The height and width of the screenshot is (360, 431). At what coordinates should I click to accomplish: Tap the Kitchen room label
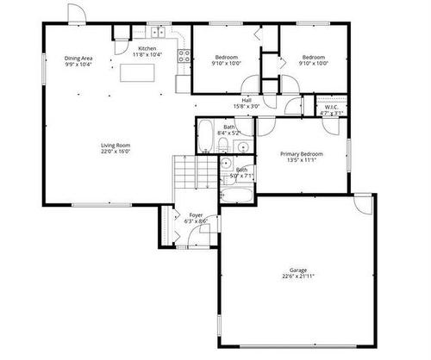click(147, 52)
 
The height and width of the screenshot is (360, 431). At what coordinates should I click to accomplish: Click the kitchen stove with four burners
click(183, 58)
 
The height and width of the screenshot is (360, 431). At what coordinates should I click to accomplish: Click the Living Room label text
click(115, 147)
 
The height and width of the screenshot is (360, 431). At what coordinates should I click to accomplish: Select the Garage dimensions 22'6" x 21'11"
click(297, 276)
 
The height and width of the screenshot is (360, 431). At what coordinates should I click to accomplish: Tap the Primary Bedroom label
click(301, 156)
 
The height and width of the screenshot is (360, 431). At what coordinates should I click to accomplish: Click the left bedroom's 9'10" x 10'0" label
click(228, 60)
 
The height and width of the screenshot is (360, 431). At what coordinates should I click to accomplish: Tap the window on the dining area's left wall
click(43, 69)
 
